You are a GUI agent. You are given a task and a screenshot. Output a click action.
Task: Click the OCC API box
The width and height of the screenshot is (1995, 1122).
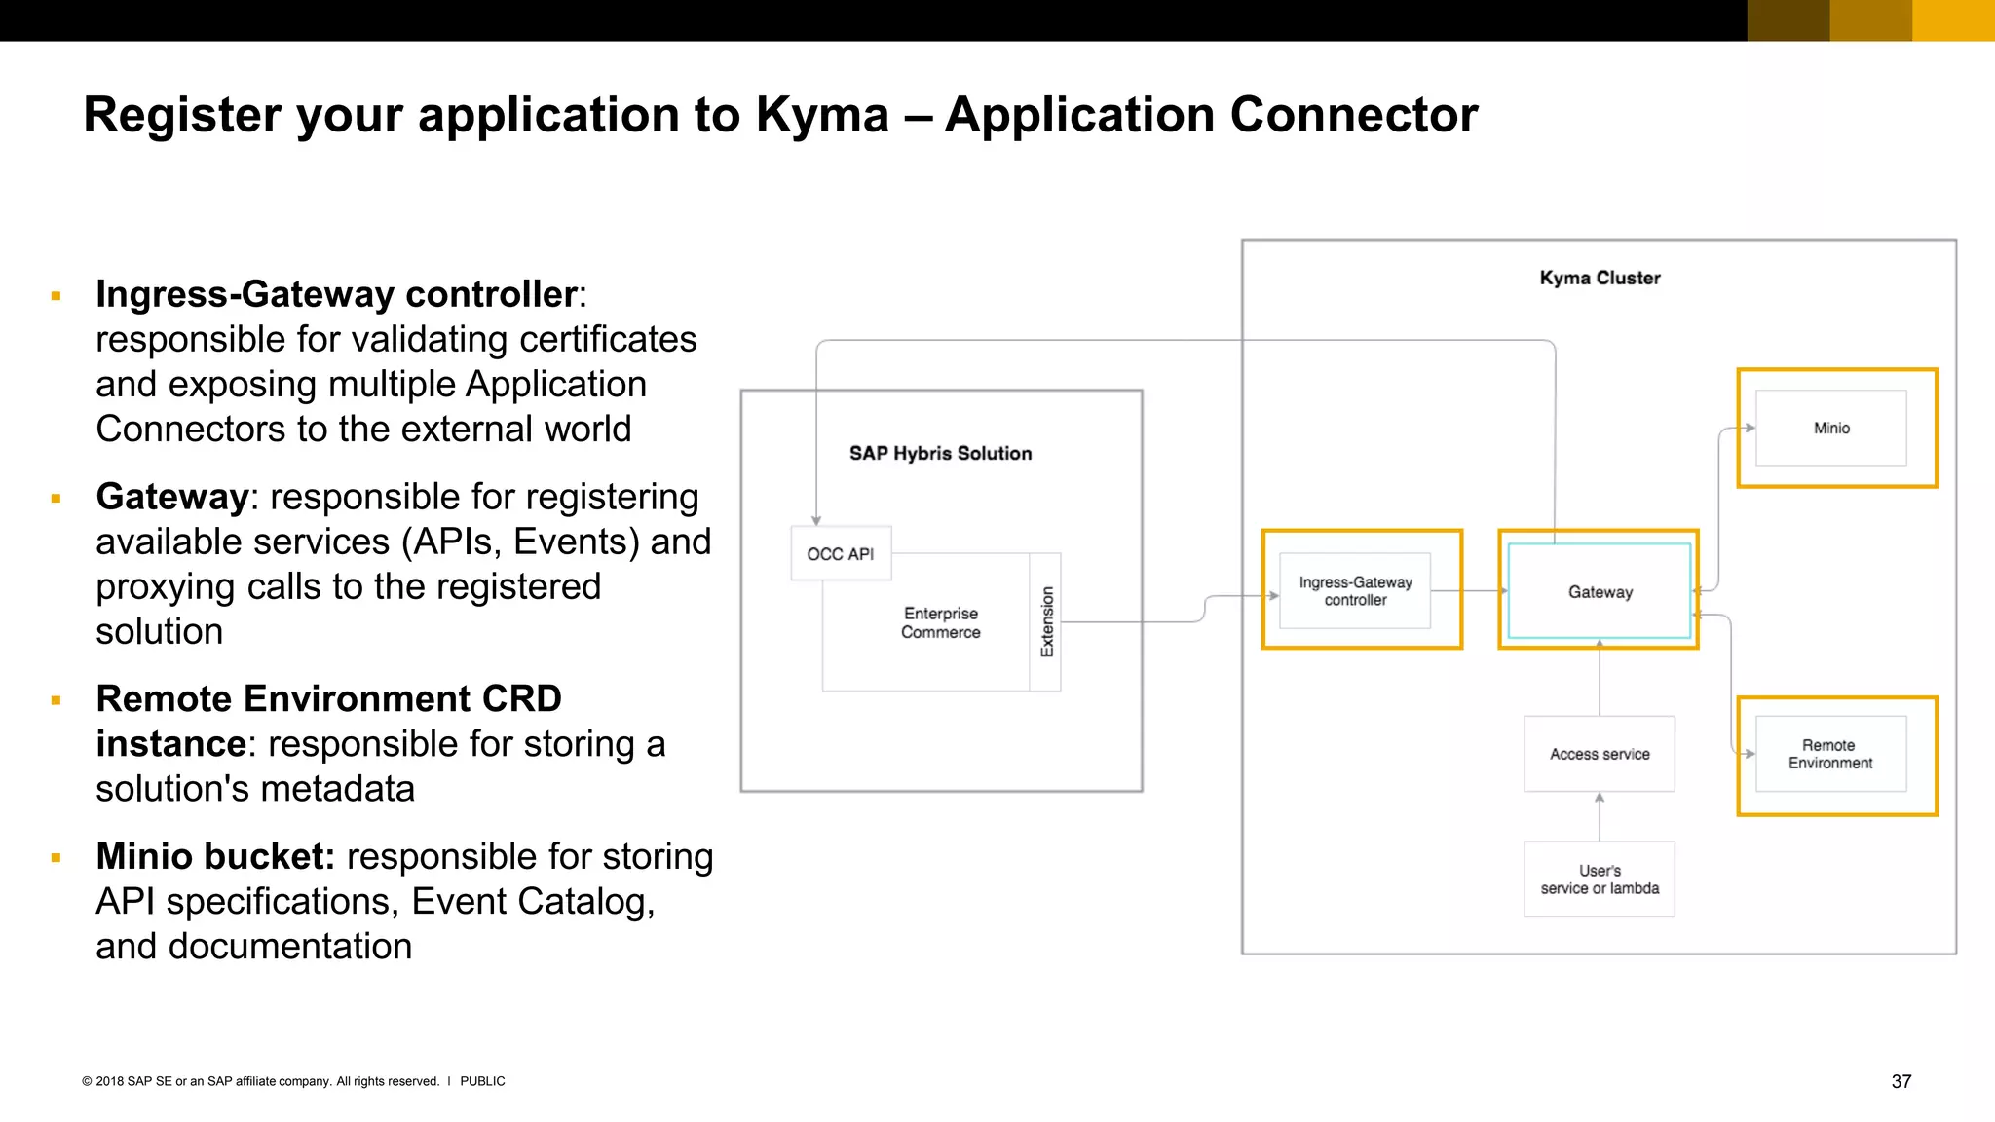(841, 553)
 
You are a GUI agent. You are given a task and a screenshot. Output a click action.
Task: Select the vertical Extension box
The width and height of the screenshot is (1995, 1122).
(1046, 622)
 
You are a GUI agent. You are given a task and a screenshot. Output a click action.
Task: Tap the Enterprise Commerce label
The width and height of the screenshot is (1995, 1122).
(940, 622)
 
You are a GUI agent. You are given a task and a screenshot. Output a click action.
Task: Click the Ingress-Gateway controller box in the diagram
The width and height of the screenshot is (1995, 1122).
(1355, 591)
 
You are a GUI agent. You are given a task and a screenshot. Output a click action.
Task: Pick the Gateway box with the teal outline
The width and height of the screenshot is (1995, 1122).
(1600, 591)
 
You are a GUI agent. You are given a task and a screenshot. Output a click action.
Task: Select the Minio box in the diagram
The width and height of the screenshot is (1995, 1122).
(1831, 428)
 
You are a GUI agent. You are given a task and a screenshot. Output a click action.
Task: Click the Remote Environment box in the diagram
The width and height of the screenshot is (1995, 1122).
(1830, 754)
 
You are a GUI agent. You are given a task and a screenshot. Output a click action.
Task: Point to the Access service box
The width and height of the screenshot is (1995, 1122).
(1600, 754)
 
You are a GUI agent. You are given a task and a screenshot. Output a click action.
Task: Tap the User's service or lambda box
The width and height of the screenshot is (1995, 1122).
(1600, 879)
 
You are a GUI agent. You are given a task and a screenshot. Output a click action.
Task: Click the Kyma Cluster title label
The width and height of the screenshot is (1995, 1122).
(1600, 278)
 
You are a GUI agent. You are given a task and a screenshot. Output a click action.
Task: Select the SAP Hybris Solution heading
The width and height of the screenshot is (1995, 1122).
(940, 453)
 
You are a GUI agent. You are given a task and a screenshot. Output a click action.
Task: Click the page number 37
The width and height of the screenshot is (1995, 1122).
(1901, 1081)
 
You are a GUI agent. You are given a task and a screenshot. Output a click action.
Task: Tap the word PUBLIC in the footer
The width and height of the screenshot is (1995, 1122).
(482, 1081)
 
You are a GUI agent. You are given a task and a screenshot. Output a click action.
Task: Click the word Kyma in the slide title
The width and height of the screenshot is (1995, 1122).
(822, 115)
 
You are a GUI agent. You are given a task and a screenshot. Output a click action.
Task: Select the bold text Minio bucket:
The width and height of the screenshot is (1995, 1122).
(215, 856)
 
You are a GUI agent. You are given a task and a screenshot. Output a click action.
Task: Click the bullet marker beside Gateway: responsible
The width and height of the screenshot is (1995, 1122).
(56, 499)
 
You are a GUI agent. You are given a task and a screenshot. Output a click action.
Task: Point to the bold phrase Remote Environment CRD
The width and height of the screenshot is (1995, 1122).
(328, 698)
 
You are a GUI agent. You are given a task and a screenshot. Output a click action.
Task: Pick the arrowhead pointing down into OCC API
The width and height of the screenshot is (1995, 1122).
(816, 521)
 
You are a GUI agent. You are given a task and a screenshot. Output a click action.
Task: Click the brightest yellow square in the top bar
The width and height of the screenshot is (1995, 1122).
(1953, 20)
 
